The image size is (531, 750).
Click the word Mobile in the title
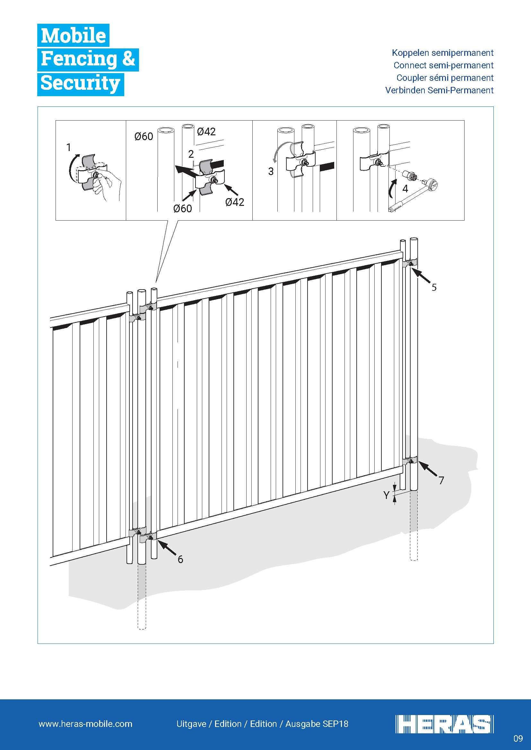(74, 35)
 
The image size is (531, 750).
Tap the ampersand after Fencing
(128, 58)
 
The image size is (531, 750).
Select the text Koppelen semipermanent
(442, 53)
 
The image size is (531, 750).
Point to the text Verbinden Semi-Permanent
(439, 90)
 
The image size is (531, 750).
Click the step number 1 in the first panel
(69, 147)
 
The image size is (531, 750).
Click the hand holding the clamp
(106, 185)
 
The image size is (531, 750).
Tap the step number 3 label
(271, 171)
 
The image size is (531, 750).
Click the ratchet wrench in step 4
(413, 195)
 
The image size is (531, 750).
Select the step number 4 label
(405, 189)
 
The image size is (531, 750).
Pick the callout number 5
(434, 287)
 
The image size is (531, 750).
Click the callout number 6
(180, 559)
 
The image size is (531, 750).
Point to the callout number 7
(441, 480)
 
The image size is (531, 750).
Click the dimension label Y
(386, 495)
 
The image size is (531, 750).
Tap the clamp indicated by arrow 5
(410, 263)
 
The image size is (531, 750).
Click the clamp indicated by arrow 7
(410, 460)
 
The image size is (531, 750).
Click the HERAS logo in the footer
(444, 724)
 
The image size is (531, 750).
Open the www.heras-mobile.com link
(85, 724)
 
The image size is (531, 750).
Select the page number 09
(518, 738)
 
